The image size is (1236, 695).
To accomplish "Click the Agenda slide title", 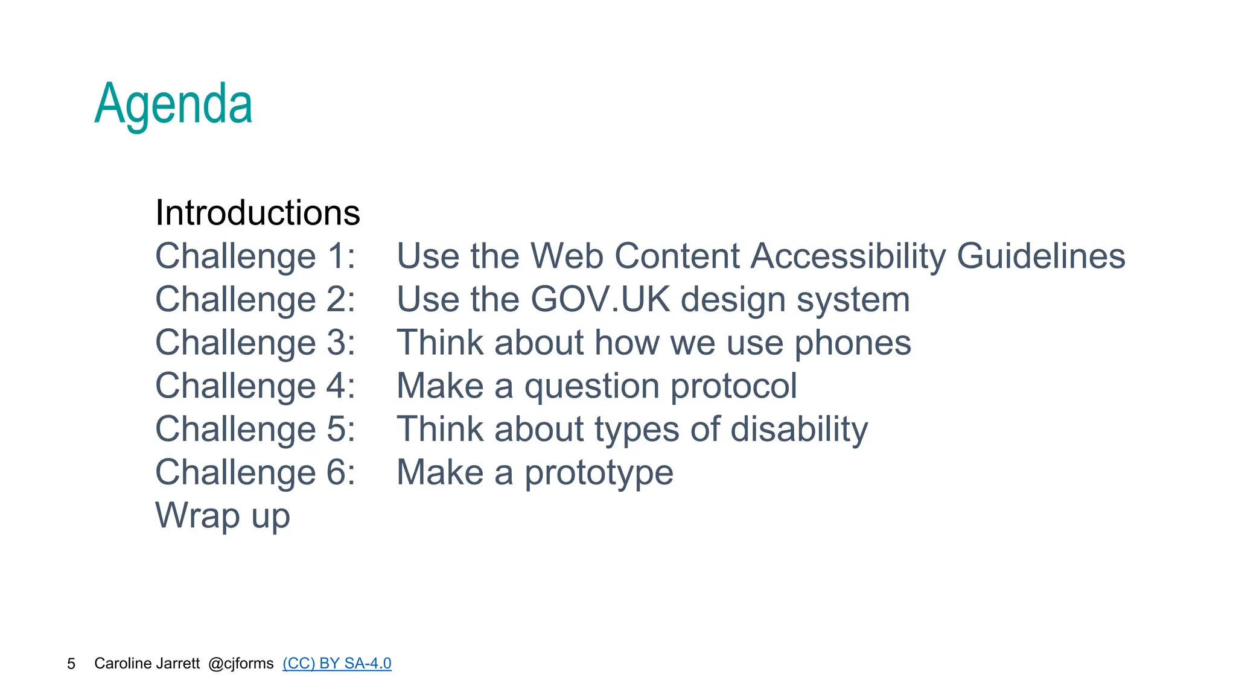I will [x=173, y=104].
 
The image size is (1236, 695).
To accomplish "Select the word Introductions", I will [x=258, y=213].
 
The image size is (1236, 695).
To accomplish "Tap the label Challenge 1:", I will [x=255, y=256].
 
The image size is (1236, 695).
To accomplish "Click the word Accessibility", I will [x=848, y=256].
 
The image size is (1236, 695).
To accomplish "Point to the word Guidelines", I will [x=1041, y=256].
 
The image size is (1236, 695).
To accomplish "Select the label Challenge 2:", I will [x=255, y=300].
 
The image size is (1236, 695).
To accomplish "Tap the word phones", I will [x=852, y=343].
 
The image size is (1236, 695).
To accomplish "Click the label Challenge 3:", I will [x=255, y=343].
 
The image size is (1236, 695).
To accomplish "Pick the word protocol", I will [x=734, y=386].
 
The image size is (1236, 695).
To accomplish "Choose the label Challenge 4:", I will [x=255, y=386].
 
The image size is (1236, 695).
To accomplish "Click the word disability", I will [x=799, y=430].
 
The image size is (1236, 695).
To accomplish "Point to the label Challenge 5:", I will [x=255, y=430].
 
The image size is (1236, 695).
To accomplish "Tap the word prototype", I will [x=599, y=472].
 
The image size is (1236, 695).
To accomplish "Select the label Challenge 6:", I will [x=255, y=472].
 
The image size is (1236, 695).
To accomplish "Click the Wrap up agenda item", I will [x=223, y=516].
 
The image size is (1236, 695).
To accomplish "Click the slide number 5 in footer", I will [x=71, y=664].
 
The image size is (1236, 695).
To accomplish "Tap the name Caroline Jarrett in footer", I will [x=147, y=664].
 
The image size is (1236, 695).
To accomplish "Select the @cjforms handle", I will [x=241, y=664].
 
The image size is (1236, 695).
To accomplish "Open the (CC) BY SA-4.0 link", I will [x=337, y=664].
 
